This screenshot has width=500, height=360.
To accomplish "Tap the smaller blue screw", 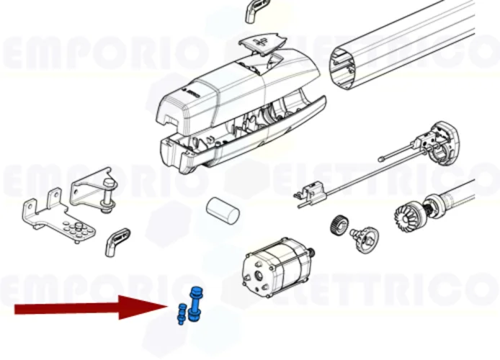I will pyautogui.click(x=181, y=314).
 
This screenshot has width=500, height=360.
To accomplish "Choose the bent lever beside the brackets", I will pyautogui.click(x=118, y=238).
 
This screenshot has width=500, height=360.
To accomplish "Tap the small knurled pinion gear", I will pyautogui.click(x=339, y=225).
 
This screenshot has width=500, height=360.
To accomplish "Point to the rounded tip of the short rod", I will pyautogui.click(x=380, y=160).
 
